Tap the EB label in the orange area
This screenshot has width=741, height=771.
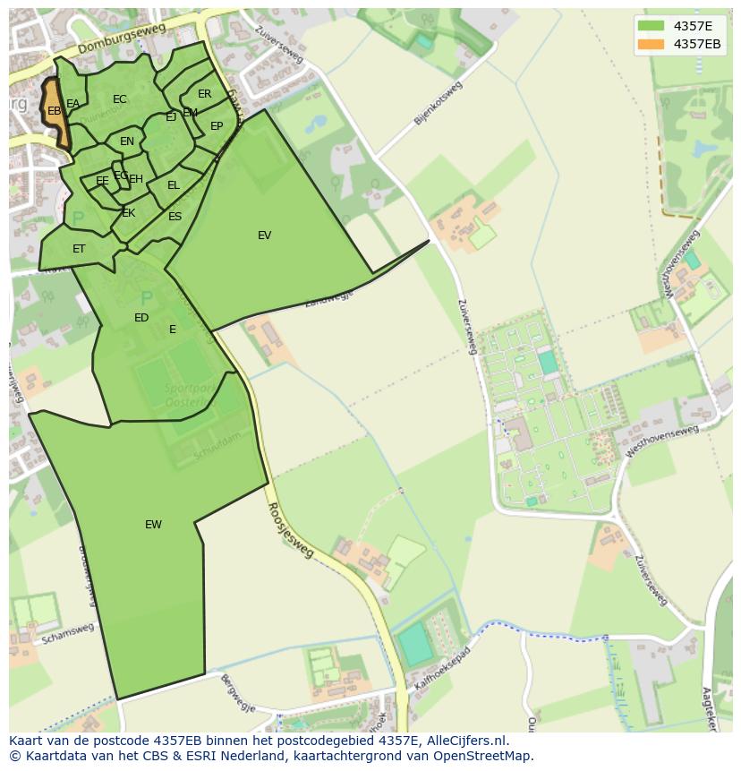click(x=54, y=111)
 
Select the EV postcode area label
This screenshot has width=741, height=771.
click(x=264, y=236)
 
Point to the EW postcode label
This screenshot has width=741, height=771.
click(x=153, y=525)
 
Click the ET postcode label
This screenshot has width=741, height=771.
click(x=79, y=249)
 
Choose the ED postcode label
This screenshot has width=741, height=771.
click(x=141, y=318)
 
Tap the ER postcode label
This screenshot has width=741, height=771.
click(x=205, y=94)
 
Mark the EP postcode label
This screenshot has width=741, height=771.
click(x=217, y=126)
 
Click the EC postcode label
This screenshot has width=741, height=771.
click(x=120, y=99)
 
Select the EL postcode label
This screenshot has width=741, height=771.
click(x=174, y=185)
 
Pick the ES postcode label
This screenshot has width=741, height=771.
click(x=175, y=217)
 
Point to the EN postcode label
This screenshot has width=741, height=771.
click(x=127, y=141)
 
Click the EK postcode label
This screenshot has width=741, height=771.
click(x=128, y=213)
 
